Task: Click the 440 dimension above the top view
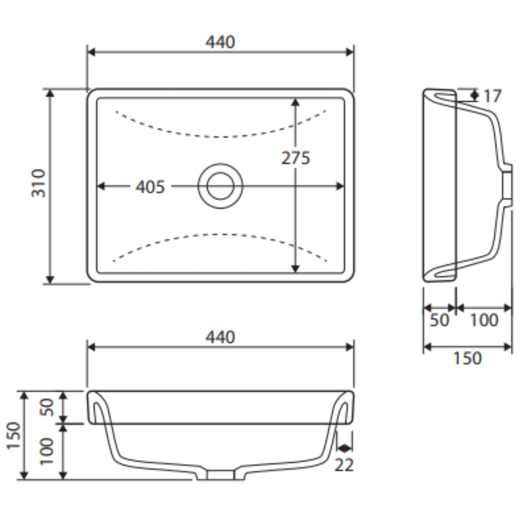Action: [220, 42]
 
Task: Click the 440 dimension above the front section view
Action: [220, 337]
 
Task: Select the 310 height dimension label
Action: [38, 183]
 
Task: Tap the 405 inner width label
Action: [151, 187]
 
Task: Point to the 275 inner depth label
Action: [296, 158]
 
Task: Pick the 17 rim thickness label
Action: [492, 96]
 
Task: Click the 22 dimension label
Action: [344, 464]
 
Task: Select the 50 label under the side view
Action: [439, 320]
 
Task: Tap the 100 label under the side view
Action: [484, 320]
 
